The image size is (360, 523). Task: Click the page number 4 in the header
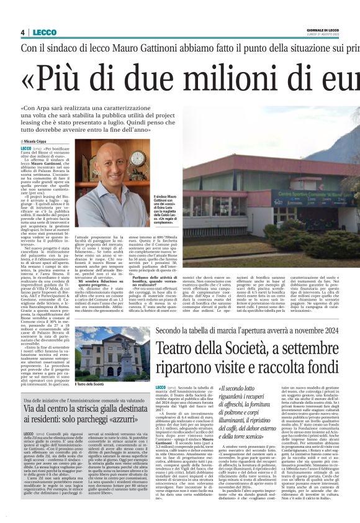click(x=22, y=32)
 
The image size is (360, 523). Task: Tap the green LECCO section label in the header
click(x=44, y=32)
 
